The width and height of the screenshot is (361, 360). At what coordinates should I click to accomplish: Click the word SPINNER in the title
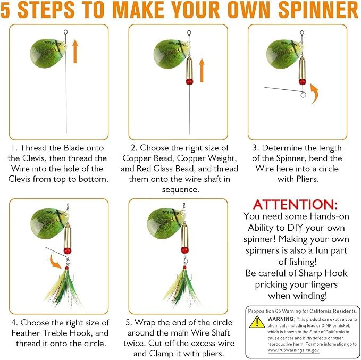[318, 10]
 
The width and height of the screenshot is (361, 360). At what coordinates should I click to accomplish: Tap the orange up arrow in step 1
[75, 51]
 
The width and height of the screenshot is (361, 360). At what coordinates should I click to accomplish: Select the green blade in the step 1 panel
[48, 53]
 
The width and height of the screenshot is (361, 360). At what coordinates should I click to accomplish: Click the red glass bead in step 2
[189, 82]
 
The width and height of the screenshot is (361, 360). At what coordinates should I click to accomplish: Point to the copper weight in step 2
[189, 68]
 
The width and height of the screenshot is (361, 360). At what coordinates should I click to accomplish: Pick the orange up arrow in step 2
[202, 70]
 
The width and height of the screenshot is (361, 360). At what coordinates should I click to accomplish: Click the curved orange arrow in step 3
[315, 93]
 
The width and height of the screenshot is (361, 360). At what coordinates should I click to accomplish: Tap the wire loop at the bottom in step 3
[304, 94]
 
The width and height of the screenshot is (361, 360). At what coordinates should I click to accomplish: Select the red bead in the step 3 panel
[303, 82]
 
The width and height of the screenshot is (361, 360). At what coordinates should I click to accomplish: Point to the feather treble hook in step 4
[64, 286]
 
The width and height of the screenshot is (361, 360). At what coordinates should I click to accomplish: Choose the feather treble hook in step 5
[182, 285]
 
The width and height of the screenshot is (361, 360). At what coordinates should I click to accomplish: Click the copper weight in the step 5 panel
[184, 236]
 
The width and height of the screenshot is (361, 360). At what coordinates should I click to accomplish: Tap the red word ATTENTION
[296, 204]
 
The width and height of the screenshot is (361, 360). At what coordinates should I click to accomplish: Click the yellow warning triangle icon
[257, 322]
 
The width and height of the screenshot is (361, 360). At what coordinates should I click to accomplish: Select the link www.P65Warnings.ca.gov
[293, 350]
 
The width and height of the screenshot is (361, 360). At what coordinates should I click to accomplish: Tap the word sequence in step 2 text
[181, 189]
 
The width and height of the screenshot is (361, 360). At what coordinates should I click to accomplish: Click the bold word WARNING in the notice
[281, 319]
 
